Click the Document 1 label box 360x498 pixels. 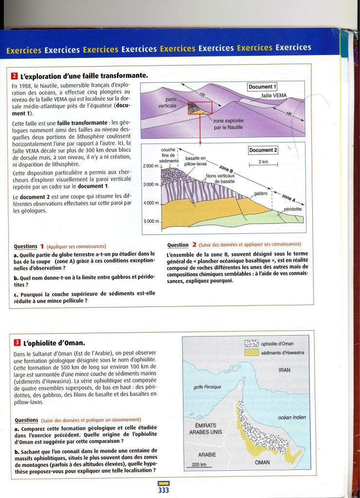point(262,87)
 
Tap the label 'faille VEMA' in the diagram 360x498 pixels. point(274,95)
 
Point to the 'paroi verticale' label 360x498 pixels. point(167,102)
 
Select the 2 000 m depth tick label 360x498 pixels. point(151,166)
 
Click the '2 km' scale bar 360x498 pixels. point(263,164)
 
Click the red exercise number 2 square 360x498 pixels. point(15,76)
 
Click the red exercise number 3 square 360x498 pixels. point(15,342)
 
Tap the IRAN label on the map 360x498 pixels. point(285,370)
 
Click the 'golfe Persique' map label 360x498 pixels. point(207,387)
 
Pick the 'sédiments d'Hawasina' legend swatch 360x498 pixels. point(252,353)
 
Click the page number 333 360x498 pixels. point(163,490)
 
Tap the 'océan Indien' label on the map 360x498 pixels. point(291,417)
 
